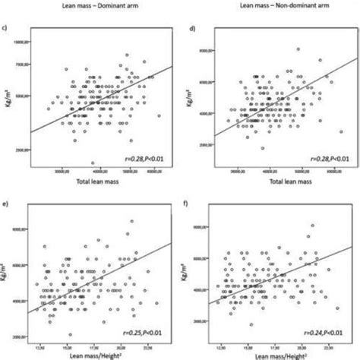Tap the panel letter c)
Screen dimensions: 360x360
pyautogui.click(x=7, y=30)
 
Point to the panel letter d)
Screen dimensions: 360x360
pyautogui.click(x=194, y=29)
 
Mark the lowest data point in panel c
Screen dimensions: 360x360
pyautogui.click(x=93, y=163)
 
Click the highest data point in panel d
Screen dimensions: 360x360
pyautogui.click(x=298, y=49)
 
